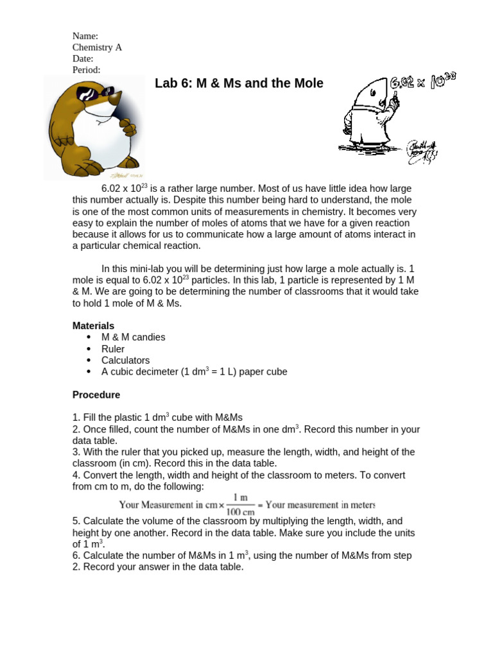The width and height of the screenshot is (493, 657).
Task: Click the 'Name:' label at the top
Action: (85, 36)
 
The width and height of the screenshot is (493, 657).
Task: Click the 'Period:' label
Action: (87, 70)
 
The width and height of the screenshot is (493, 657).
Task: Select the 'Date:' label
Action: (83, 58)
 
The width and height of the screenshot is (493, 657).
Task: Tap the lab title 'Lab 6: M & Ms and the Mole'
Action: (239, 84)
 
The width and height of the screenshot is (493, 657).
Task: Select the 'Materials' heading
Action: (93, 326)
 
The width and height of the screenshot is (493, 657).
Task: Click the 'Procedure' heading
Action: (96, 395)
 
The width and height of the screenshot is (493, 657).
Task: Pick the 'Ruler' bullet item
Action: (112, 348)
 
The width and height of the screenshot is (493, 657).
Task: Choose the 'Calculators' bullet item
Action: (125, 360)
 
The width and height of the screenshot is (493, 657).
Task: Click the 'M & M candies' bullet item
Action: (133, 337)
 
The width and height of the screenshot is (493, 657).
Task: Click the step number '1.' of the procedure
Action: (76, 418)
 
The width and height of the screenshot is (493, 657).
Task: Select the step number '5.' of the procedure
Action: (76, 522)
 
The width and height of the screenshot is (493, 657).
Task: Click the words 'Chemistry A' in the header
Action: (97, 47)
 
